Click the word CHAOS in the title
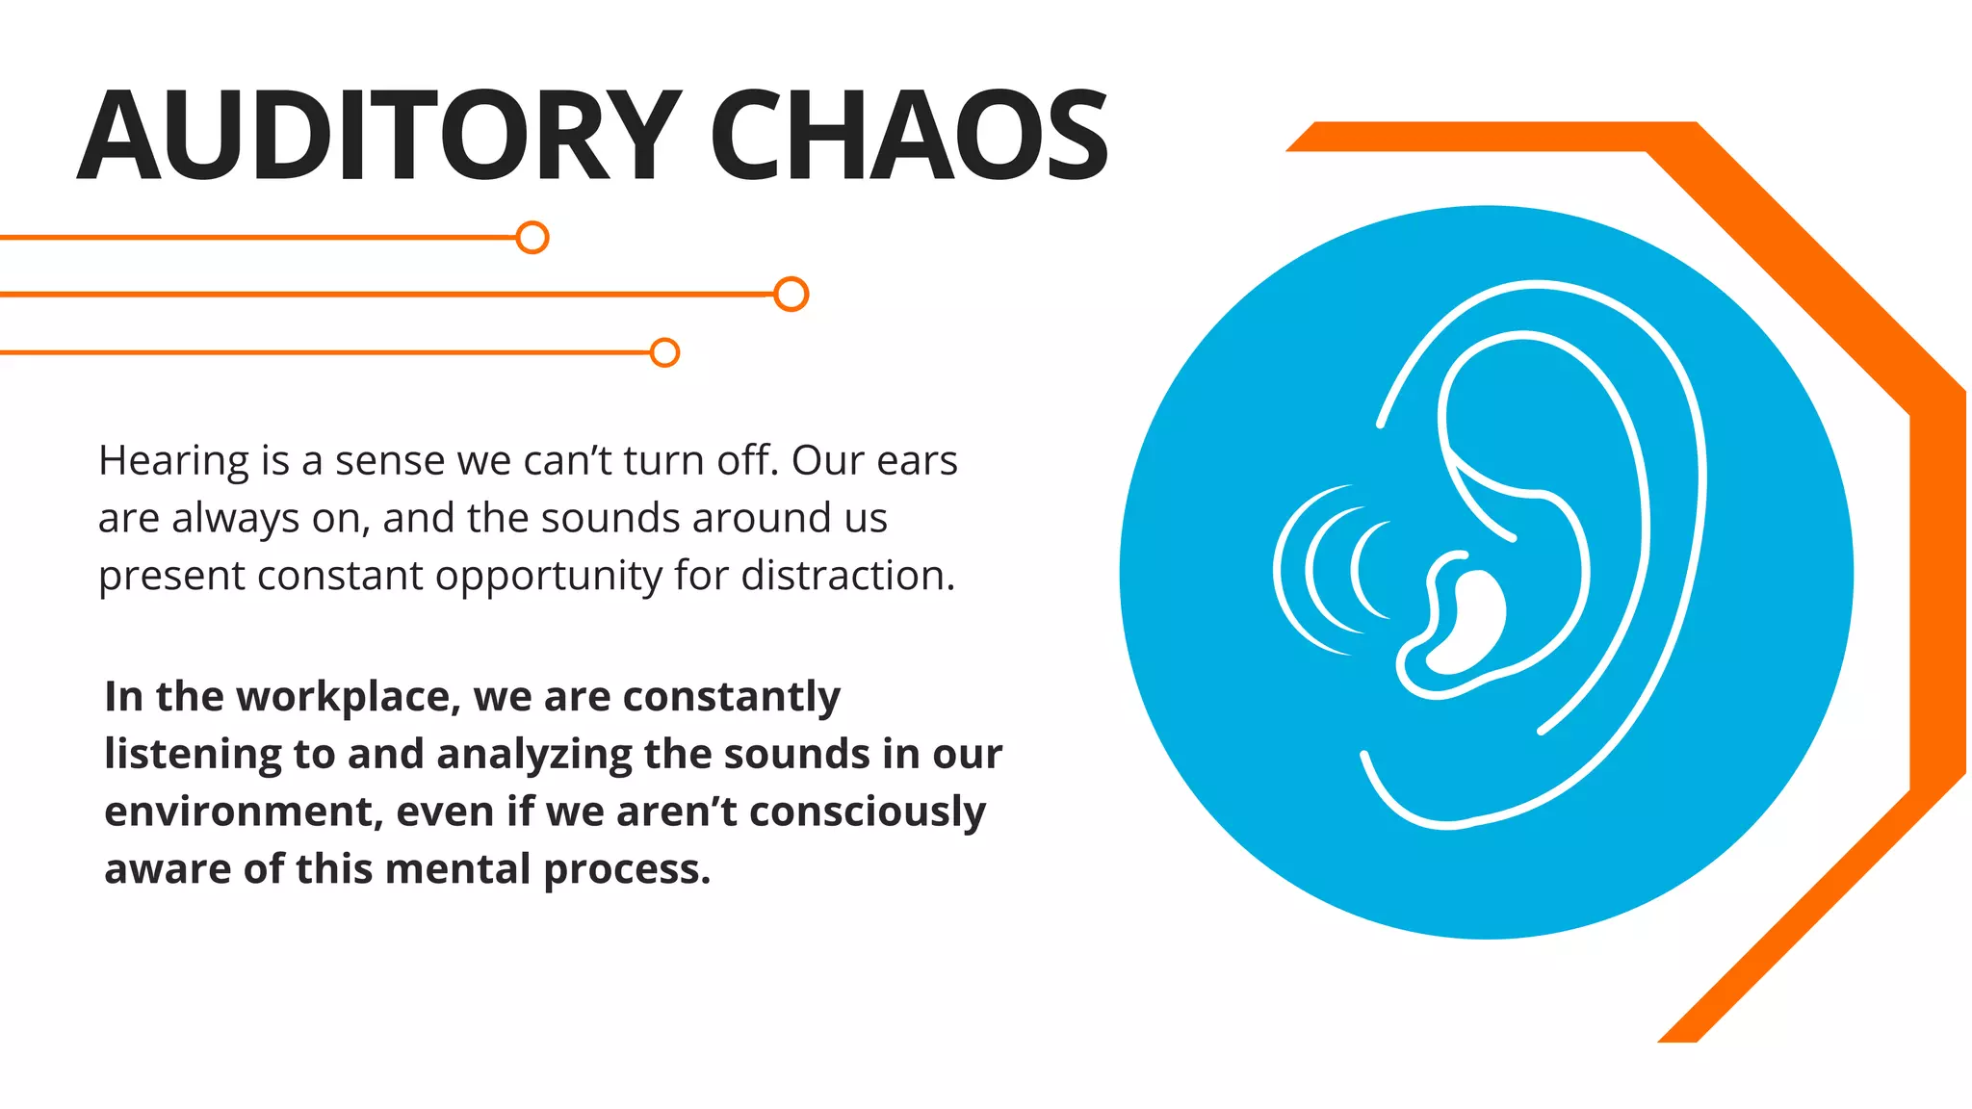(909, 135)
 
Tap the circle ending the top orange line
(532, 237)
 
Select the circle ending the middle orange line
(791, 294)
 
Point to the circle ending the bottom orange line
(664, 352)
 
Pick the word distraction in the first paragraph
(847, 576)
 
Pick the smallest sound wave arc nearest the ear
(1357, 570)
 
